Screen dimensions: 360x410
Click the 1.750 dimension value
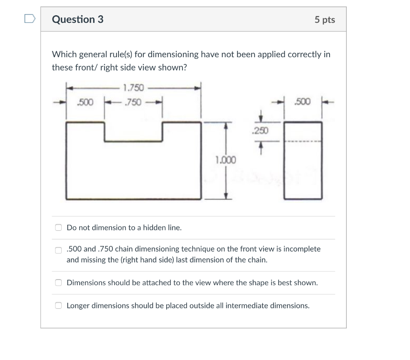133,88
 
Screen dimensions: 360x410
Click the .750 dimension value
133,102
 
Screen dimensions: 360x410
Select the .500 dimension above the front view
85,102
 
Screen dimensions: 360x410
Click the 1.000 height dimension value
226,160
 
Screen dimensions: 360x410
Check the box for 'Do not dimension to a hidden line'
58,228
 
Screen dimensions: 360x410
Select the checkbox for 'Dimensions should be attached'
58,283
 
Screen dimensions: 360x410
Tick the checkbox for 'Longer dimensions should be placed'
58,306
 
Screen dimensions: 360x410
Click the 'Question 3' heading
78,19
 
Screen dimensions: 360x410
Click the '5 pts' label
325,20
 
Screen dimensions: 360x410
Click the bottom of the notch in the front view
133,141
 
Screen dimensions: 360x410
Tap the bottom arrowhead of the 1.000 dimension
226,196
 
